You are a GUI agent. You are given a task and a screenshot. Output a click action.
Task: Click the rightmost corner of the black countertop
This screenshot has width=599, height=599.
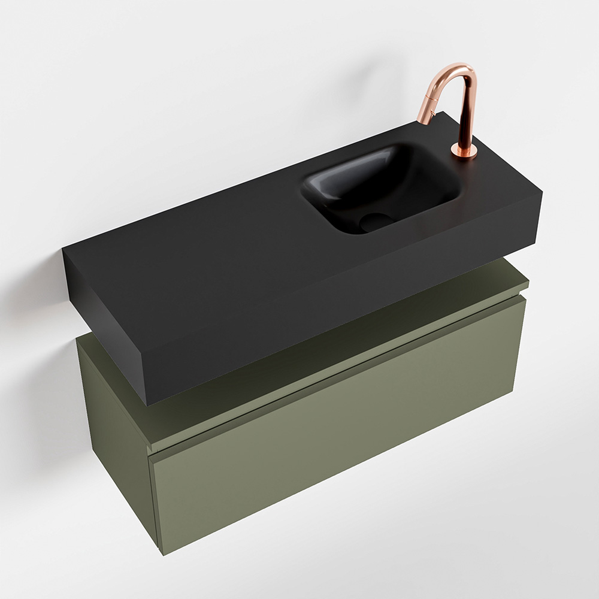[542, 193]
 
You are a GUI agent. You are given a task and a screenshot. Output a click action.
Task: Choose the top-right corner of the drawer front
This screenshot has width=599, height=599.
[525, 299]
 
